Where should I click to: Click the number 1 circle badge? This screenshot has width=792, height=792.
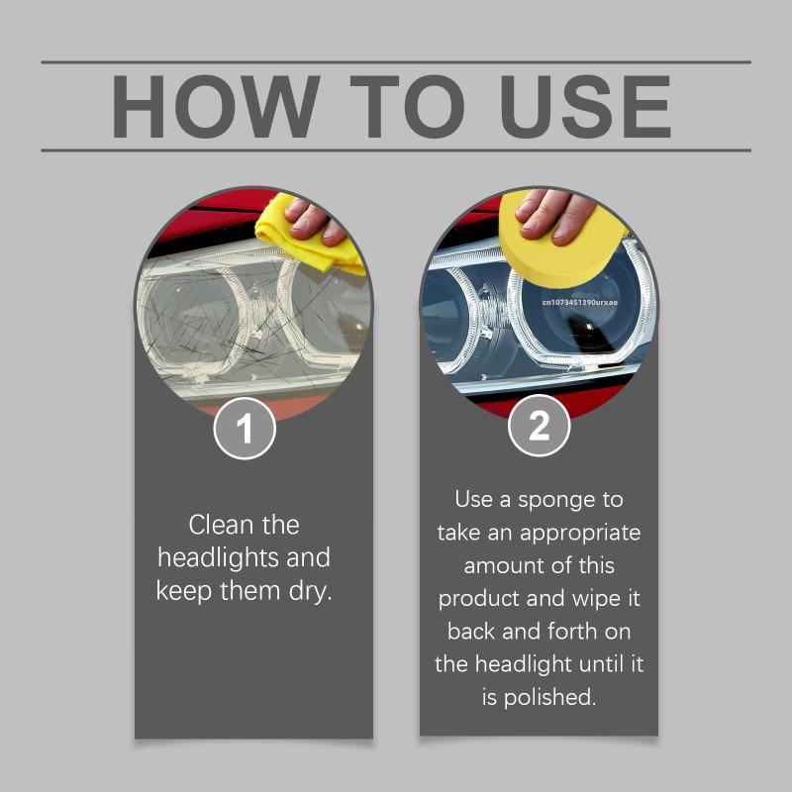point(244,429)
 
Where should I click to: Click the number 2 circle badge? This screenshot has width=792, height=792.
point(539,429)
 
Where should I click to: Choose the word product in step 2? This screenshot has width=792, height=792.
point(477,598)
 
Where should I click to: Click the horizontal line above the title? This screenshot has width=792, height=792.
point(396,62)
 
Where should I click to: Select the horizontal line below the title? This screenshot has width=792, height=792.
point(396,150)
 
